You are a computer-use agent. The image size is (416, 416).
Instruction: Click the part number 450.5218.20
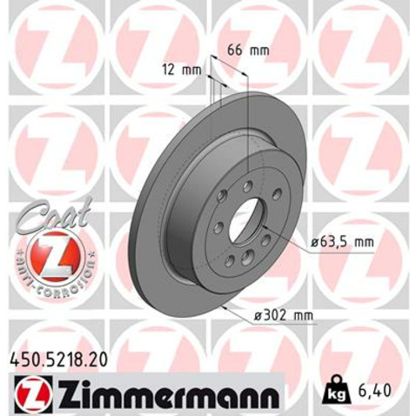(58, 358)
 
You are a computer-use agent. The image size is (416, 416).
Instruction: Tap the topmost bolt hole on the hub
(247, 186)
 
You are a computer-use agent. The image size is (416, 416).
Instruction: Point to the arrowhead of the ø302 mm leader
(225, 306)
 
